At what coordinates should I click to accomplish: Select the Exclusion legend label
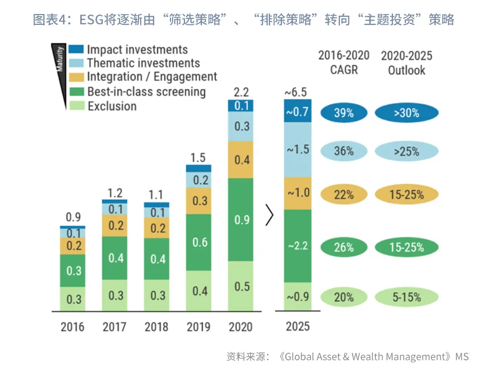[x=111, y=106]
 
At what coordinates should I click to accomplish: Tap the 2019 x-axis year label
[x=199, y=327]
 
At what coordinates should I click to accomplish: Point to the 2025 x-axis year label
[x=297, y=327]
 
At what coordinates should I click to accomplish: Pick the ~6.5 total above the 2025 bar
[x=297, y=92]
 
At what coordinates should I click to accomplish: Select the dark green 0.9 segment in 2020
[x=241, y=219]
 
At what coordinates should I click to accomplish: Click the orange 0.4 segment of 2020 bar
[x=241, y=160]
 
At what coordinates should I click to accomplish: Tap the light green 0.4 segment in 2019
[x=199, y=291]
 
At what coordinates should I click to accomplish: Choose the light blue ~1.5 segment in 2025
[x=297, y=150]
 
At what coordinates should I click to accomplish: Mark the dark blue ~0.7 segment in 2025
[x=297, y=112]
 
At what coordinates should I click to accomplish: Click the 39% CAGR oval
[x=344, y=113]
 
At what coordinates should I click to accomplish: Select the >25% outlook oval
[x=406, y=151]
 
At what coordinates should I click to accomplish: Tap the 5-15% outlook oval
[x=406, y=297]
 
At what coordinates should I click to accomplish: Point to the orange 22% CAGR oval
[x=344, y=195]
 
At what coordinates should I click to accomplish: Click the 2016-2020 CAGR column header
[x=344, y=63]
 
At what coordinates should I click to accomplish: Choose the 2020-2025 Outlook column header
[x=406, y=63]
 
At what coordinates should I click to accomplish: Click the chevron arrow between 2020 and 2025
[x=269, y=214]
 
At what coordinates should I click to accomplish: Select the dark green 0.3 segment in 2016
[x=74, y=270]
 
